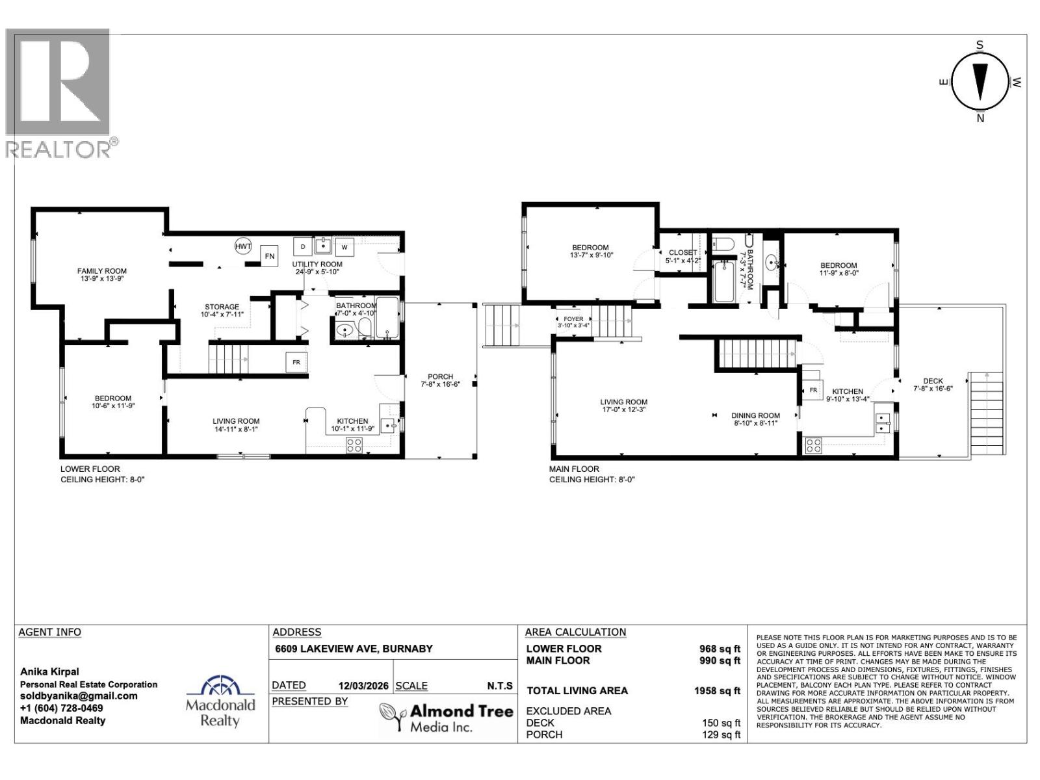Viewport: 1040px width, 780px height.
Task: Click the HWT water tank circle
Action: pos(243,246)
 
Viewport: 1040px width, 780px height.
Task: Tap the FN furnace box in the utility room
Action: pos(270,256)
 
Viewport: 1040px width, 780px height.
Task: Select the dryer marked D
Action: pos(303,247)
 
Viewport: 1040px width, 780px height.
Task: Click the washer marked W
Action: pos(344,248)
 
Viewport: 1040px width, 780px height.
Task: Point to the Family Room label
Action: pos(101,271)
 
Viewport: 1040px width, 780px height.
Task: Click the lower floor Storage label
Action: pos(222,307)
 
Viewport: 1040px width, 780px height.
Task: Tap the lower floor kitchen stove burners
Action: pos(354,445)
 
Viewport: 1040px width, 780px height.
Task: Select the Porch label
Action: pos(440,376)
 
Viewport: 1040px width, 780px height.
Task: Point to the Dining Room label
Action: pos(755,415)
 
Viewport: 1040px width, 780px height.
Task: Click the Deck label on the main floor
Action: pos(933,382)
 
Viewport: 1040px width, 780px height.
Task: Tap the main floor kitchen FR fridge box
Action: pos(813,390)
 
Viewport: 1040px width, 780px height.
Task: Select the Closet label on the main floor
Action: pos(682,252)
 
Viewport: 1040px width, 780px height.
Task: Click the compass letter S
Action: pos(980,45)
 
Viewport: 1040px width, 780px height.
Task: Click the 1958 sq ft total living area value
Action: pos(717,691)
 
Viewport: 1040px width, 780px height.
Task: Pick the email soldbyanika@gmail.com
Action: pos(79,696)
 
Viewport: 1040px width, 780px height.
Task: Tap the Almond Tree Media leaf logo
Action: pos(393,717)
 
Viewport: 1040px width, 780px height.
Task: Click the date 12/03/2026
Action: pos(363,686)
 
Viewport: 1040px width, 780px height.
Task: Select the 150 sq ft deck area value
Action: pos(722,723)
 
